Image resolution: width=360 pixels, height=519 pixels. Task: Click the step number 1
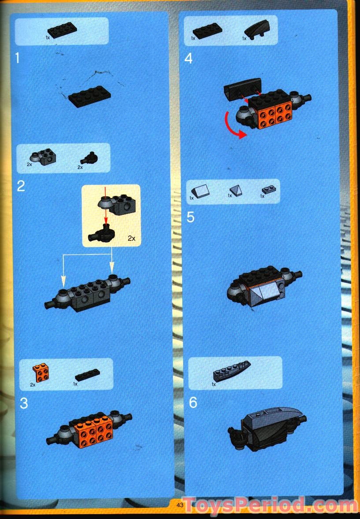(18, 58)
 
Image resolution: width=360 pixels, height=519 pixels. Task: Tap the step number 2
(21, 186)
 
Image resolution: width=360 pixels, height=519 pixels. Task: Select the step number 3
(24, 403)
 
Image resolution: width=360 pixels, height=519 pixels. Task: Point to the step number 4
(188, 58)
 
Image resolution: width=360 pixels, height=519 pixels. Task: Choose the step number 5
(191, 217)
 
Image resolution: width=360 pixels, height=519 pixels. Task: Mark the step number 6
(193, 402)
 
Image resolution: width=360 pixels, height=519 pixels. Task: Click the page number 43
(180, 505)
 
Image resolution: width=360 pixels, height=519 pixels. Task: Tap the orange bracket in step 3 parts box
(41, 374)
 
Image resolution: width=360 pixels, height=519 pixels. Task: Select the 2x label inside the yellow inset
(131, 238)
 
